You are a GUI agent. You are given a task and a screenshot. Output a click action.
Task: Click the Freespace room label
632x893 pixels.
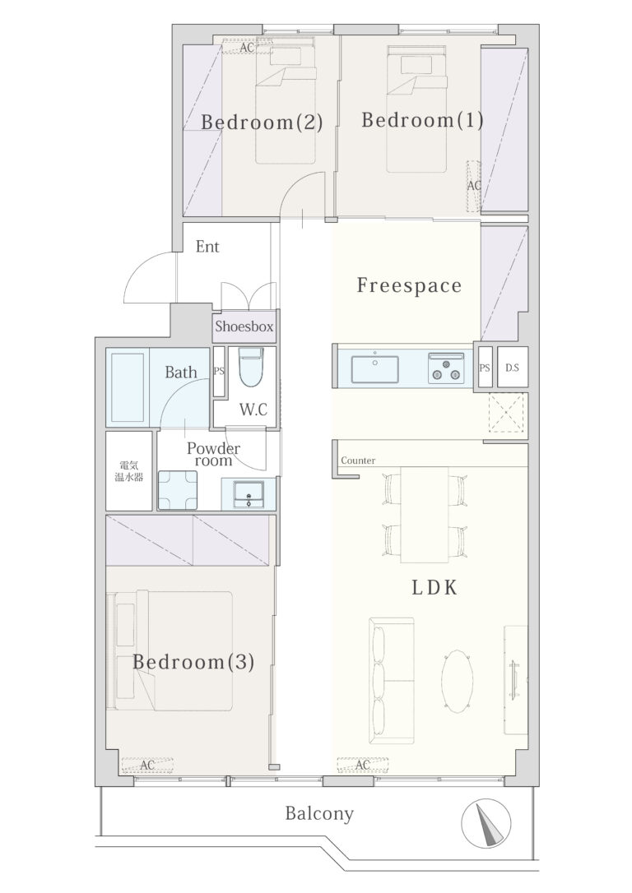pos(409,285)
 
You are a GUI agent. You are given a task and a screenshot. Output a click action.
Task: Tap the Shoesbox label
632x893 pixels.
pos(244,327)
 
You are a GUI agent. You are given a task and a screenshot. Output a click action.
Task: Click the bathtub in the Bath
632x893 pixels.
pos(128,387)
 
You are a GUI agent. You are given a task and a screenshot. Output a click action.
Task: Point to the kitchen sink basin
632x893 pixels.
pos(374,369)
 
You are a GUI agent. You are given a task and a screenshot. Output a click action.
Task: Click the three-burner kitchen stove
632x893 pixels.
pos(446,368)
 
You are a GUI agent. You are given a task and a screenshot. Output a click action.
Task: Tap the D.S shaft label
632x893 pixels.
pos(512,368)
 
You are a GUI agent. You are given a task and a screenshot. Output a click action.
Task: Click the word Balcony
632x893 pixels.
pos(319,813)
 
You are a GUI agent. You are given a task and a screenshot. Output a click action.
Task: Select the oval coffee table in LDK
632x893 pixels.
pos(457,682)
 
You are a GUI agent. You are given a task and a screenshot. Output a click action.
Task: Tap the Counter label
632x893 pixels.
pos(358,460)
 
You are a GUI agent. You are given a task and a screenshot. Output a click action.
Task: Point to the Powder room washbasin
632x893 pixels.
pos(249,493)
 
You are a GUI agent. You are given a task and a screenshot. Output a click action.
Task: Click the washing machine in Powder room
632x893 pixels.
pos(178,490)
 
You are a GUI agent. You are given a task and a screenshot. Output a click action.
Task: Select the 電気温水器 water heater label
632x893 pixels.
pos(129,471)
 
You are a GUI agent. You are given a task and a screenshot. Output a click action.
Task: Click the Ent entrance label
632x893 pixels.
pos(207,247)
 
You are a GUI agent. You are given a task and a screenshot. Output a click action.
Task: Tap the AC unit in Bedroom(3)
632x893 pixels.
pos(147,766)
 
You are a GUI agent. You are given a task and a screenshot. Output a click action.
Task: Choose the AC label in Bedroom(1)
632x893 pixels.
pos(474,186)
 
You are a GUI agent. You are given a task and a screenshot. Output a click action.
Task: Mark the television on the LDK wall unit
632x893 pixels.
pos(514,679)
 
